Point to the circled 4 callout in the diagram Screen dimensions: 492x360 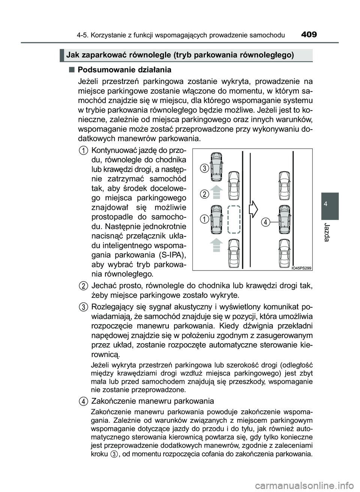(x=265, y=222)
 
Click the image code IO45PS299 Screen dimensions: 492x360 (x=301, y=268)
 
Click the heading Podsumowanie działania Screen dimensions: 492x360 (x=124, y=70)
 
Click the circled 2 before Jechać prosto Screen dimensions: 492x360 (x=84, y=286)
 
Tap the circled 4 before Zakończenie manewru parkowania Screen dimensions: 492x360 (x=84, y=401)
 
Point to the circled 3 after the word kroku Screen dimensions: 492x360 (x=114, y=454)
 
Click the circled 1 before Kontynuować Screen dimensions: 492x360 (x=84, y=150)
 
